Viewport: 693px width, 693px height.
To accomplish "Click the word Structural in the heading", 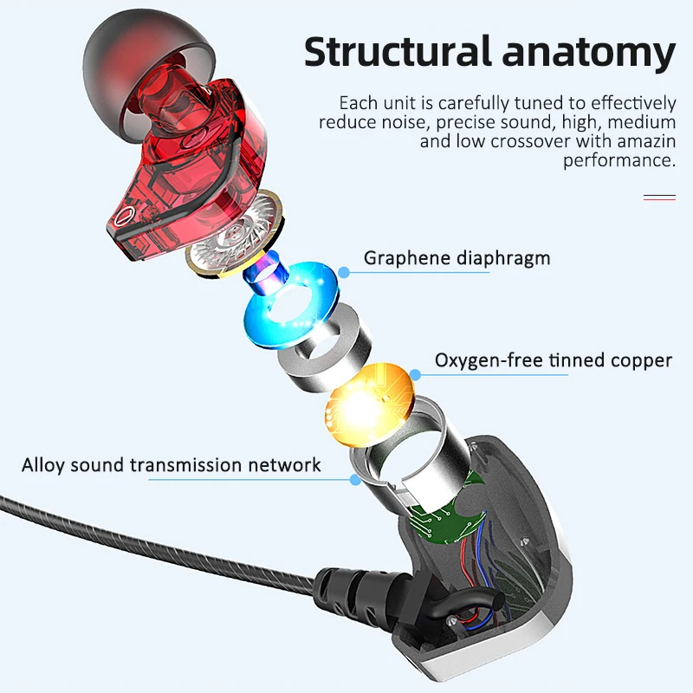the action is point(398,52).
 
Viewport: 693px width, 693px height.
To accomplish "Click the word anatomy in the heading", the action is point(589,55).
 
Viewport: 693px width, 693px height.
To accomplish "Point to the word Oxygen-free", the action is point(489,360).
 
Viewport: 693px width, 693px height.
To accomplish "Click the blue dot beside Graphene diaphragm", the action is point(343,272).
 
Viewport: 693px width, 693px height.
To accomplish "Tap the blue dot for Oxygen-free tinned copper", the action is point(415,375).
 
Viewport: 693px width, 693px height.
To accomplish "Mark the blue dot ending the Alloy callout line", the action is point(355,480).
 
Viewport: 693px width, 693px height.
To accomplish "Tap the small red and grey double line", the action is point(659,198).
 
